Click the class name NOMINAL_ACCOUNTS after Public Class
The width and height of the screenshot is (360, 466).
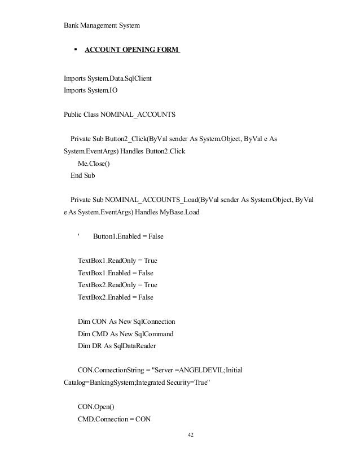pyautogui.click(x=138, y=115)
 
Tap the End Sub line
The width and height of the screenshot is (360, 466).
pyautogui.click(x=82, y=175)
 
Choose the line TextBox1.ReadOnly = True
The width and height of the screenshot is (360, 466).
pyautogui.click(x=117, y=261)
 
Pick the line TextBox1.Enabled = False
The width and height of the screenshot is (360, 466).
pyautogui.click(x=116, y=273)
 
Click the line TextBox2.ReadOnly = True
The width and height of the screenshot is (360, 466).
pyautogui.click(x=117, y=285)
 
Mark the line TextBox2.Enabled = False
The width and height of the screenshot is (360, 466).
pyautogui.click(x=116, y=297)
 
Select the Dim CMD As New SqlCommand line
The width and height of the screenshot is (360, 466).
pyautogui.click(x=125, y=333)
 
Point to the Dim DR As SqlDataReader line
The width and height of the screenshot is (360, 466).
pyautogui.click(x=117, y=346)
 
